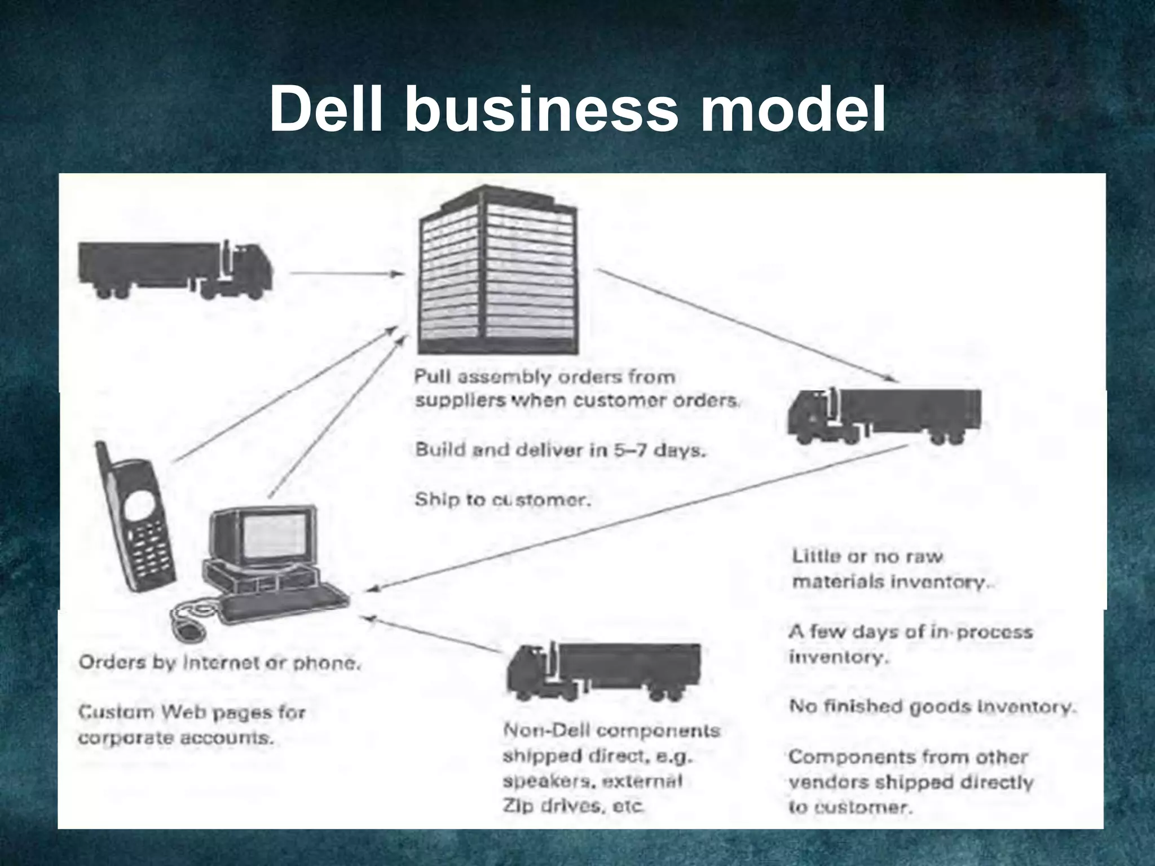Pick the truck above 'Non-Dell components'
pyautogui.click(x=603, y=671)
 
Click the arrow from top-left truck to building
pyautogui.click(x=347, y=274)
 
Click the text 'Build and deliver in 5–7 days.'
pyautogui.click(x=560, y=450)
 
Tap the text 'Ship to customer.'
pyautogui.click(x=502, y=500)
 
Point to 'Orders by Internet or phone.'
pyautogui.click(x=219, y=663)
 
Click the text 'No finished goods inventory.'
pyautogui.click(x=932, y=706)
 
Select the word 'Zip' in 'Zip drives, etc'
pyautogui.click(x=517, y=806)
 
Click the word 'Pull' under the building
pyautogui.click(x=430, y=377)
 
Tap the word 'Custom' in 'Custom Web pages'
pyautogui.click(x=115, y=713)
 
